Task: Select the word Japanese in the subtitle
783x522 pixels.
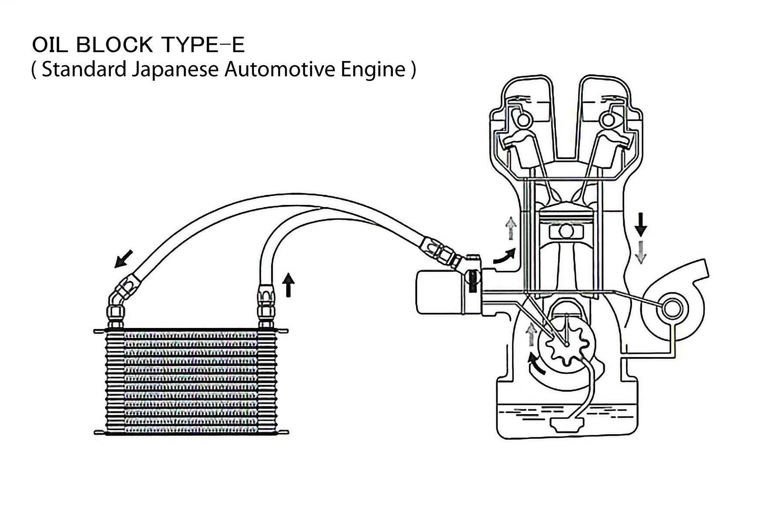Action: click(x=174, y=69)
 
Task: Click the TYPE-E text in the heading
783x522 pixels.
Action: click(x=203, y=45)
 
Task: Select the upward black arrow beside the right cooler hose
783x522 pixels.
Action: click(x=288, y=284)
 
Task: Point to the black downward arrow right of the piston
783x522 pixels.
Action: click(x=640, y=225)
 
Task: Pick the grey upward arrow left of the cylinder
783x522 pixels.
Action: click(x=511, y=228)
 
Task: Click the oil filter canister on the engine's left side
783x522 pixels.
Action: click(x=439, y=291)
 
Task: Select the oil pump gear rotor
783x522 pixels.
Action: click(x=565, y=344)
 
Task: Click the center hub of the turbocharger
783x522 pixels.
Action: click(x=672, y=308)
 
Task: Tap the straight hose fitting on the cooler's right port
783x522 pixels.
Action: click(x=266, y=304)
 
